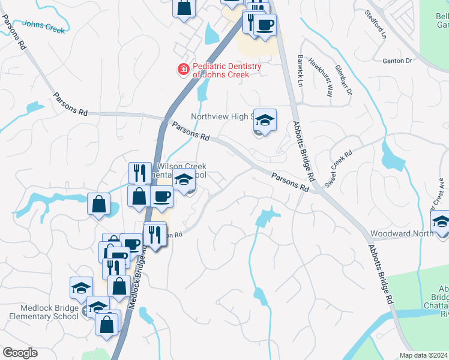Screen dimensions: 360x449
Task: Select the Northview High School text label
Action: coord(222,117)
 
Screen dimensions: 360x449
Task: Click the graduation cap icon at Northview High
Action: coord(264,120)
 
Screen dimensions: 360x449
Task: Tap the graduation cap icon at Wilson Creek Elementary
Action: coord(184,179)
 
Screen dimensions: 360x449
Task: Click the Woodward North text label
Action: coord(402,233)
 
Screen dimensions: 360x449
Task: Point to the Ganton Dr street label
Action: coord(397,61)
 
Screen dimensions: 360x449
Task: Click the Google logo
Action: coord(20,353)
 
